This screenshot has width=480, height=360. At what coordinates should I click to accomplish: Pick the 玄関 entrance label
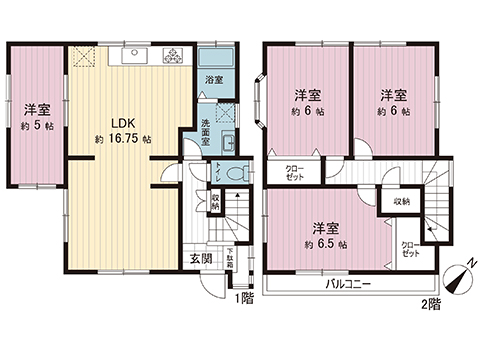[202, 260]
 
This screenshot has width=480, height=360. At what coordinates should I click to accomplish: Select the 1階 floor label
[243, 297]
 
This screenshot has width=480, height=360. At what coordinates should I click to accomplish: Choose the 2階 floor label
[430, 304]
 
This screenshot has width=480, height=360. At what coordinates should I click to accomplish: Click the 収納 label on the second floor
[401, 201]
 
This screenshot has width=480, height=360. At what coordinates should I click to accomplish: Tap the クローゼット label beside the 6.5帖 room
[409, 248]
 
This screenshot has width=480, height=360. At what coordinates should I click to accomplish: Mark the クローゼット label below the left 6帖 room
[294, 172]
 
